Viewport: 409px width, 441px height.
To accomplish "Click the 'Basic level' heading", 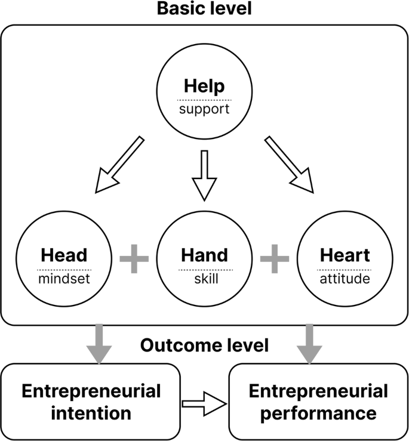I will [204, 10].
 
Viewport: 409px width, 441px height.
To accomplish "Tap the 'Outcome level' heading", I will [204, 345].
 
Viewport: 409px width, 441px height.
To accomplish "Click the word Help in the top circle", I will [204, 86].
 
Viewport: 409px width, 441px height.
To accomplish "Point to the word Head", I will [64, 255].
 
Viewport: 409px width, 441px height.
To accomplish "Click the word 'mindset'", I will [64, 279].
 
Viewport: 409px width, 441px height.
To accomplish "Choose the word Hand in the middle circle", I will [204, 255].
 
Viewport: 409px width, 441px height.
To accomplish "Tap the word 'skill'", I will [204, 279].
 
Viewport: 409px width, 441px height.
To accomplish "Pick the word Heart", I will [345, 255].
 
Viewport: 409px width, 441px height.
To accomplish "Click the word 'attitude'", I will [345, 279].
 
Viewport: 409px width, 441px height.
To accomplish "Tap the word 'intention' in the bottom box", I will [91, 412].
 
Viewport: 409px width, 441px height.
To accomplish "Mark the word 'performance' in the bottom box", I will [318, 412].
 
